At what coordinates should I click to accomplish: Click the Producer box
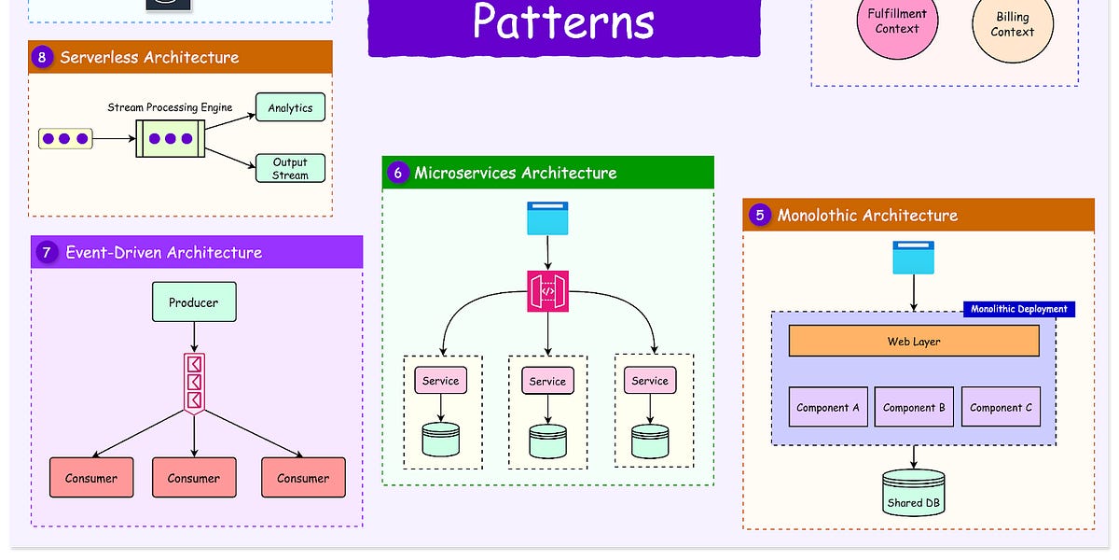[194, 302]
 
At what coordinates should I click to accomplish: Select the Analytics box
[290, 107]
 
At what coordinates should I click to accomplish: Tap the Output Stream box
[290, 168]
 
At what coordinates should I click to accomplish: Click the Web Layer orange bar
[913, 342]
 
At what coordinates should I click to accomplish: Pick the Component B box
[914, 407]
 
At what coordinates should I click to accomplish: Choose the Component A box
[828, 407]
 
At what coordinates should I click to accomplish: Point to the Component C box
[1001, 407]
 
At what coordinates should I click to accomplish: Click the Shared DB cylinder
[913, 493]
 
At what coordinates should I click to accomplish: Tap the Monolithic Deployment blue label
[1018, 309]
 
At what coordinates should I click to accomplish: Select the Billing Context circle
[1012, 24]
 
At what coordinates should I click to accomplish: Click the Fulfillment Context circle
[897, 21]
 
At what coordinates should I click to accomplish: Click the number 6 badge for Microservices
[398, 173]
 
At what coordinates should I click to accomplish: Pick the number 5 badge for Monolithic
[760, 215]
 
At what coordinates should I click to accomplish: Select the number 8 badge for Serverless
[42, 57]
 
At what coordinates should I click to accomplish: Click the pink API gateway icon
[547, 292]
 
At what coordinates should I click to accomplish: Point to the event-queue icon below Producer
[194, 383]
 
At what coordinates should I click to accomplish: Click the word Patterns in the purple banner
[563, 22]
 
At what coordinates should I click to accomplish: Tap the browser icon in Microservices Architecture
[547, 218]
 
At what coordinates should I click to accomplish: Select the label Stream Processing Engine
[170, 107]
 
